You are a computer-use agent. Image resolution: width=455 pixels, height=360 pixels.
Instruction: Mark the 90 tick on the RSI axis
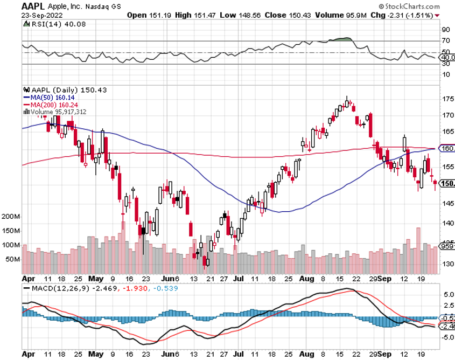(446, 30)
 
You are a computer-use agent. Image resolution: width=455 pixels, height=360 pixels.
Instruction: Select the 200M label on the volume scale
(11, 216)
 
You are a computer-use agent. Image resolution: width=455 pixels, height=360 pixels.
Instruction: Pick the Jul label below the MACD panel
(237, 355)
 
